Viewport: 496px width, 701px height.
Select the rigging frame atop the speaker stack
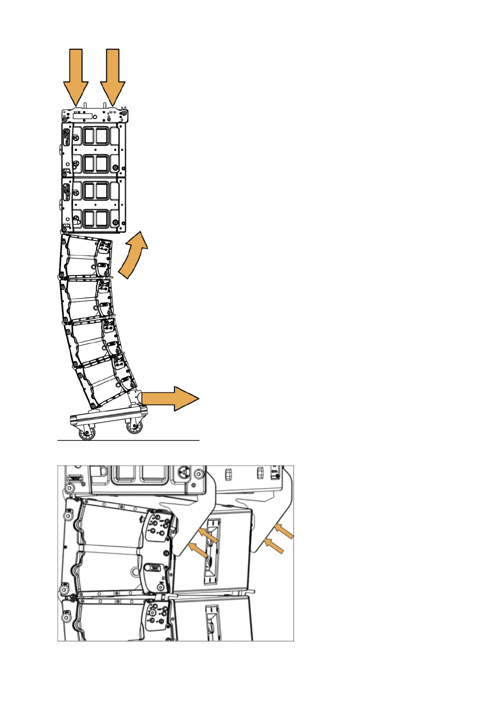point(95,115)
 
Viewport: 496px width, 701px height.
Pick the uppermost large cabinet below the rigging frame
point(94,150)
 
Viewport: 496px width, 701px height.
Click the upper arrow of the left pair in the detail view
point(208,535)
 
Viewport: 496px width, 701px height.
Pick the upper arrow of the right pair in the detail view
point(284,532)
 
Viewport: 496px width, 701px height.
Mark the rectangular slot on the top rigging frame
point(85,116)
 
